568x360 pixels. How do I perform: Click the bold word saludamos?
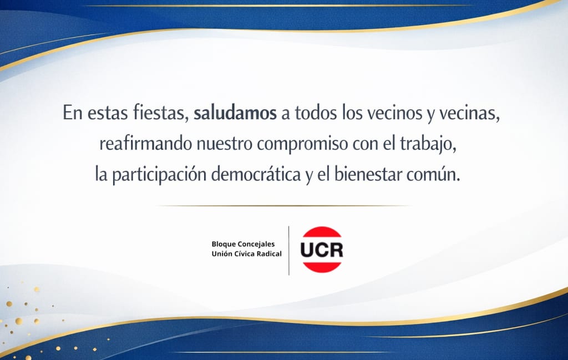(235, 113)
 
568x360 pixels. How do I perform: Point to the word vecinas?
(469, 113)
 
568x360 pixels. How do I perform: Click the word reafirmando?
(146, 144)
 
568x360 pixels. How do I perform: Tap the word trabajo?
(428, 144)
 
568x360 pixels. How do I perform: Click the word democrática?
(256, 174)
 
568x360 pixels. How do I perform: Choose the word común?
(433, 175)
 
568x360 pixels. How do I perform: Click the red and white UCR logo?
(322, 250)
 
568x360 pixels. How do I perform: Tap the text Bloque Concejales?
(243, 245)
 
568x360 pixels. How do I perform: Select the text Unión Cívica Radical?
(246, 254)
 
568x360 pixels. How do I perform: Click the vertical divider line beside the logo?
(288, 251)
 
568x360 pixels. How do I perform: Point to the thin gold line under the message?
(284, 206)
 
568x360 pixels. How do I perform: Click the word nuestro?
(225, 144)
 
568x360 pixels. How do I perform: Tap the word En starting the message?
(73, 113)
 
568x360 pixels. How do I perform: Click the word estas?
(108, 113)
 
